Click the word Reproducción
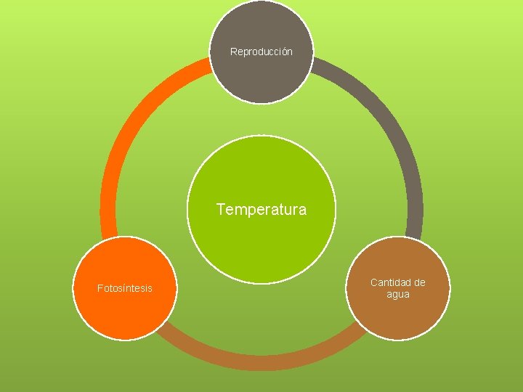tap(261, 52)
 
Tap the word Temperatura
tap(261, 210)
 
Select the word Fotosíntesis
tap(125, 288)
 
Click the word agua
tap(398, 294)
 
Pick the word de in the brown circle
tap(420, 282)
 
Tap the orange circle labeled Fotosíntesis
tap(125, 312)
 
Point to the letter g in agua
tap(396, 295)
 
